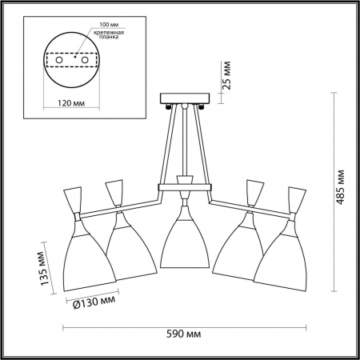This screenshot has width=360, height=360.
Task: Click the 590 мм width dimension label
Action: click(x=184, y=334)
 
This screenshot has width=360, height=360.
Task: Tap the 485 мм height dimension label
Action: click(x=340, y=187)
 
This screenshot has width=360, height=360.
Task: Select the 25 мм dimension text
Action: click(x=226, y=75)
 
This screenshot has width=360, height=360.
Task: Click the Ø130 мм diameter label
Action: click(x=94, y=302)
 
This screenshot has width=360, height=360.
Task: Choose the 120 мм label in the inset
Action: click(x=71, y=103)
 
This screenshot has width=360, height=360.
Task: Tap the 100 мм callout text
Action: click(x=109, y=25)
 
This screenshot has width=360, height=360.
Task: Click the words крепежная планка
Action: click(x=109, y=35)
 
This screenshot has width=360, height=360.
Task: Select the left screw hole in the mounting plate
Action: click(x=59, y=60)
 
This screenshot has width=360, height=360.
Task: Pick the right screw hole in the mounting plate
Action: click(x=85, y=60)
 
